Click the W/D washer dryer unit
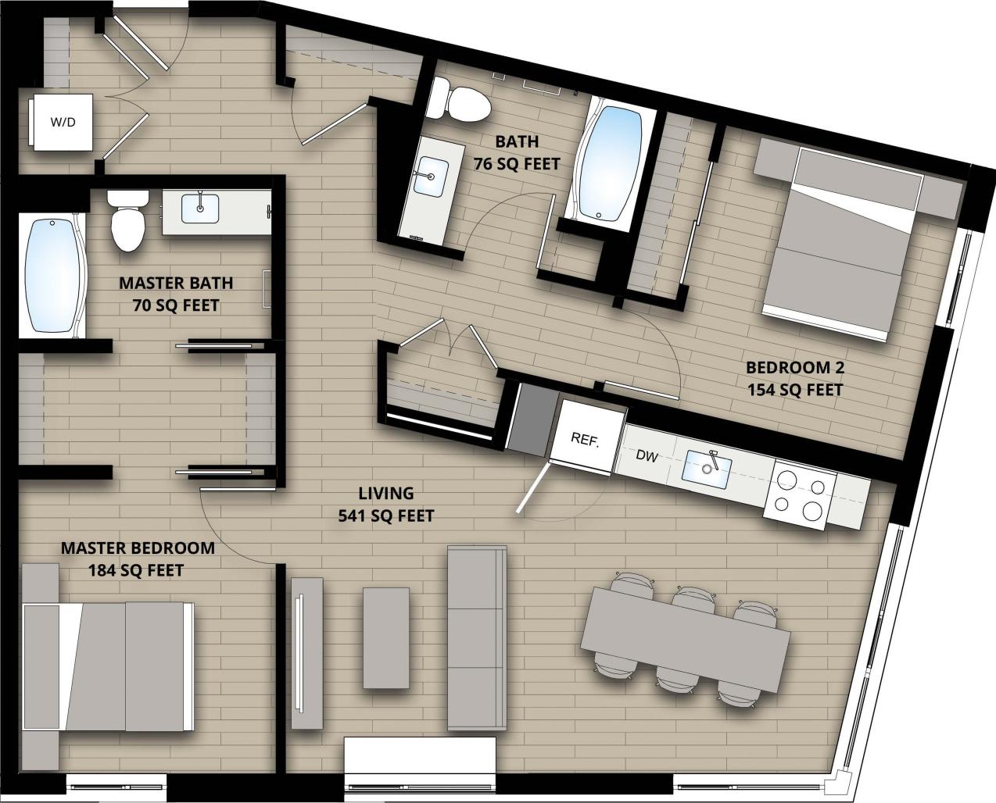pos(63,122)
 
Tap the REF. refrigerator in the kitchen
pos(586,439)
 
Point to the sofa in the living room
pos(476,638)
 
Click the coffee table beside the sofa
pos(386,638)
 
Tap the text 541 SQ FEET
pos(385,516)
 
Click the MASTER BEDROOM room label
pos(138,548)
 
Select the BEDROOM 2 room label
pos(794,367)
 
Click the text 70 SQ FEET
pos(175,305)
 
